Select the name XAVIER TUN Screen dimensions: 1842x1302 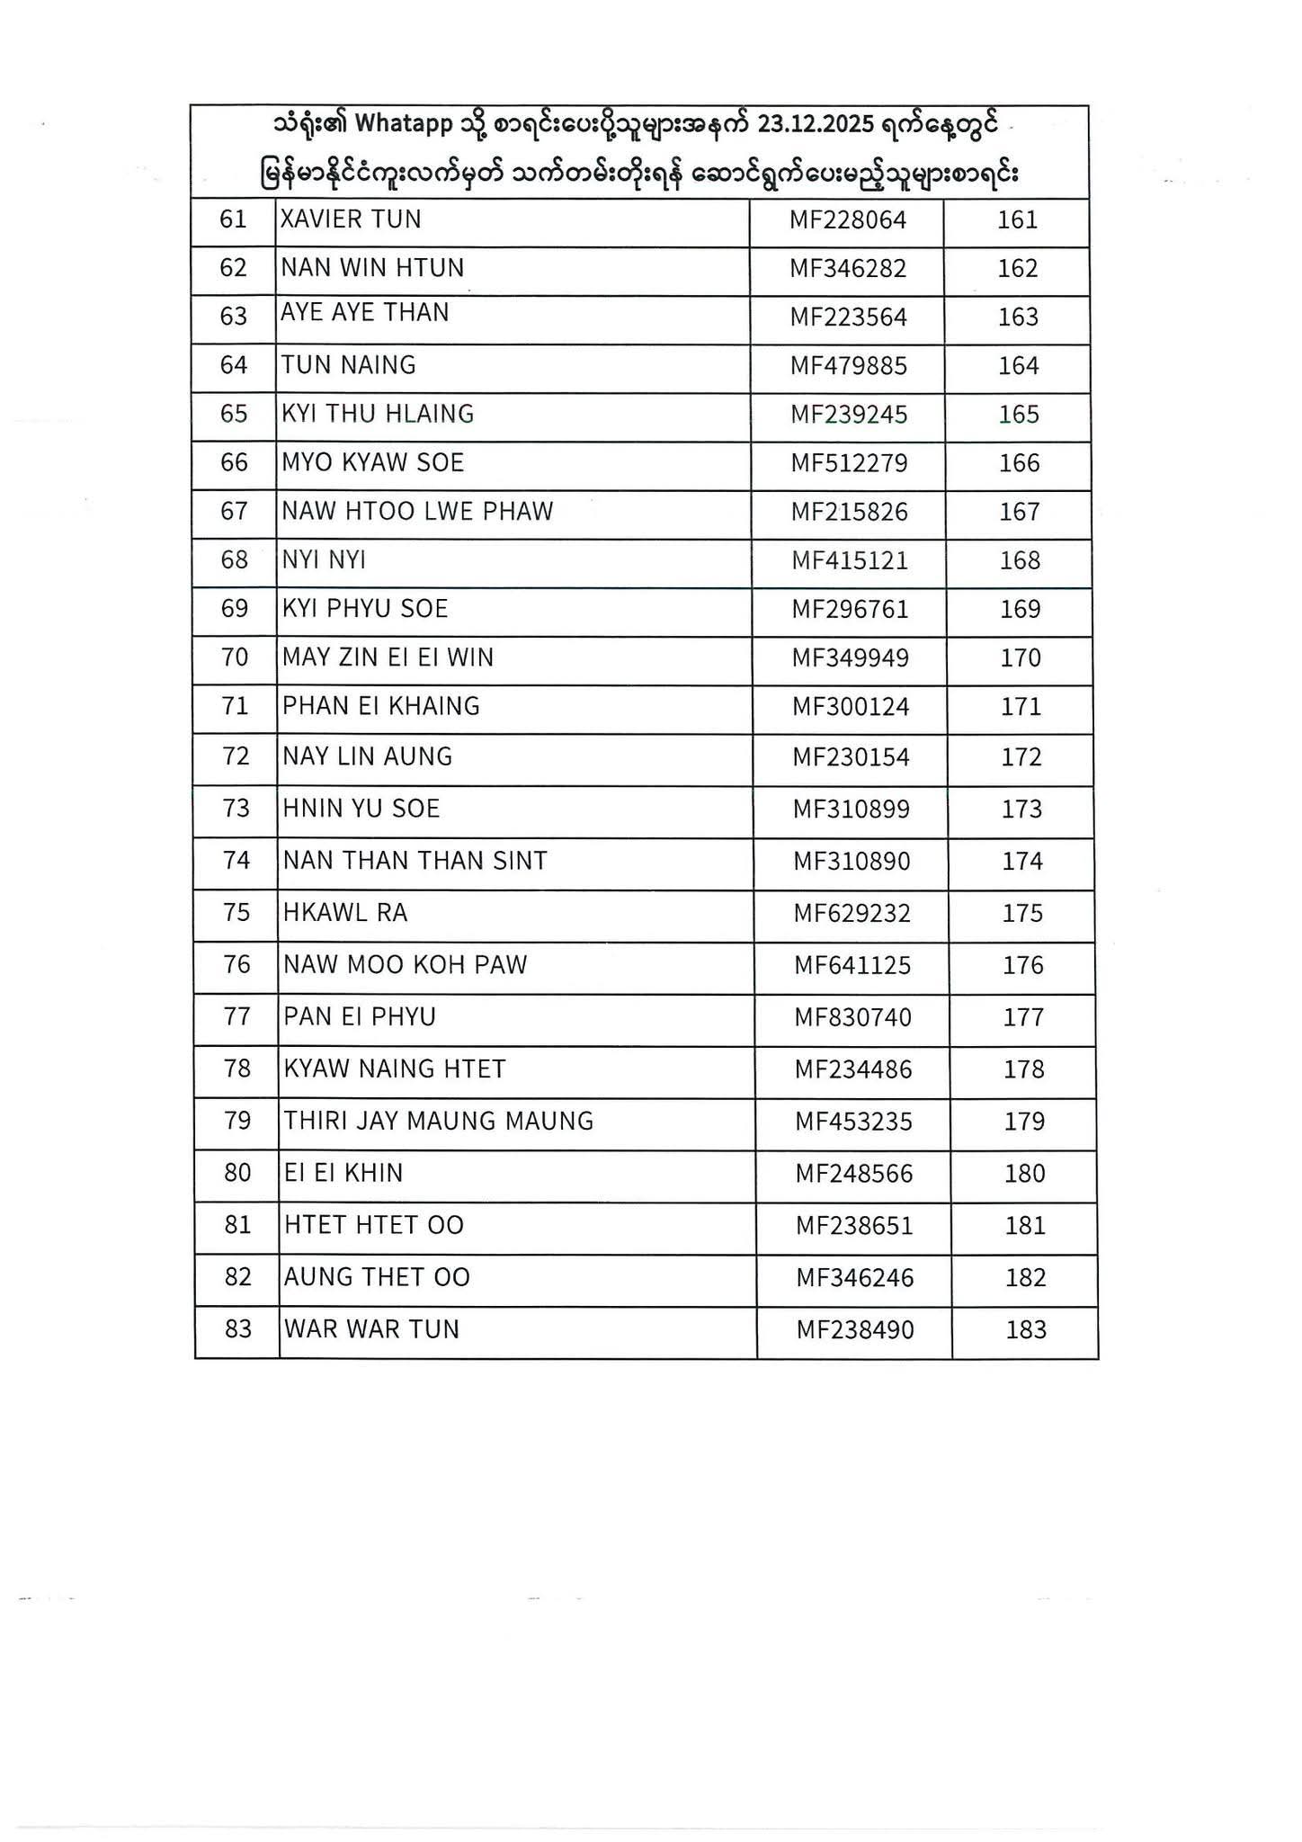click(x=351, y=219)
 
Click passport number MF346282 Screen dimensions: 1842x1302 click(x=848, y=269)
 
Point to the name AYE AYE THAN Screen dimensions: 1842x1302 click(x=364, y=312)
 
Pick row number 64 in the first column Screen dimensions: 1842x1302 click(x=234, y=365)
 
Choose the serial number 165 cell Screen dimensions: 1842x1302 click(x=1019, y=415)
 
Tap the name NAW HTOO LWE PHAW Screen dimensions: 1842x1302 click(x=417, y=512)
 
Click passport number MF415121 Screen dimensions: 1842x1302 click(x=850, y=561)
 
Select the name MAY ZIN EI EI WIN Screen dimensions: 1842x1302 click(x=388, y=657)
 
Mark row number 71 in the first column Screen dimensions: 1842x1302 click(x=235, y=706)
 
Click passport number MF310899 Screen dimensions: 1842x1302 click(x=851, y=809)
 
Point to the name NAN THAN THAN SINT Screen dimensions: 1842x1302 click(x=415, y=861)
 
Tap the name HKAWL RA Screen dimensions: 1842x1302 click(x=345, y=913)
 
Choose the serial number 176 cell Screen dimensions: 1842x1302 click(x=1023, y=965)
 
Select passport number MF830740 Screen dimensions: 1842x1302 click(x=852, y=1017)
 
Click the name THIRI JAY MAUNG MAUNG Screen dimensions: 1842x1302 click(x=439, y=1121)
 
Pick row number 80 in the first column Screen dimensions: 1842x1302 click(x=237, y=1173)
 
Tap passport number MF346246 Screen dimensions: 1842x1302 click(x=855, y=1278)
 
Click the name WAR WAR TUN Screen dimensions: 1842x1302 click(x=371, y=1329)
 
